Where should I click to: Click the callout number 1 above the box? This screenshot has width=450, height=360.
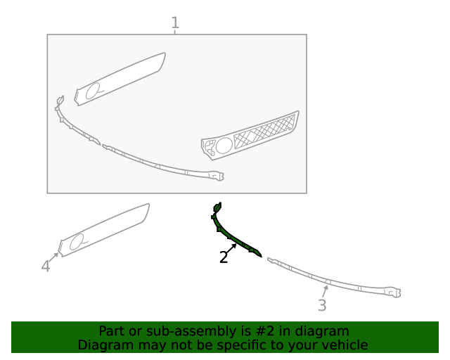(175, 22)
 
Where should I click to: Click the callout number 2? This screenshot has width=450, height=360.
(224, 257)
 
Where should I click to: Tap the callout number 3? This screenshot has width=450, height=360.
(322, 305)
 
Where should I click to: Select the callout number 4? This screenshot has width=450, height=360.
(46, 266)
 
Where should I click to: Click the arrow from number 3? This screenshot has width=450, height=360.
(325, 291)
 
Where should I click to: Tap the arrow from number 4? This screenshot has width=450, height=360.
(53, 257)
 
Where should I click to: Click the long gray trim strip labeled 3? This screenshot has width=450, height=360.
(333, 279)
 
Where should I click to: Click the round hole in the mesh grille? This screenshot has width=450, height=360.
(224, 146)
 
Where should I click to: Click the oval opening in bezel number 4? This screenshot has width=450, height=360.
(77, 241)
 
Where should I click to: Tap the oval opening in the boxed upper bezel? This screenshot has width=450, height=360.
(92, 91)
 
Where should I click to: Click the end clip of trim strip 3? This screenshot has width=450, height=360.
(394, 292)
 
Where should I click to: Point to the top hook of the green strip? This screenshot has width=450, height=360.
(217, 207)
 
